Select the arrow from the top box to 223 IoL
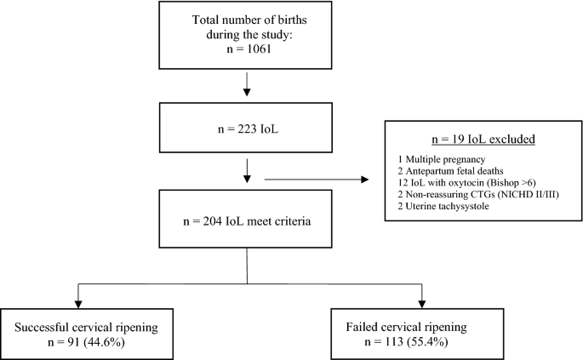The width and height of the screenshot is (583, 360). pos(246,83)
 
